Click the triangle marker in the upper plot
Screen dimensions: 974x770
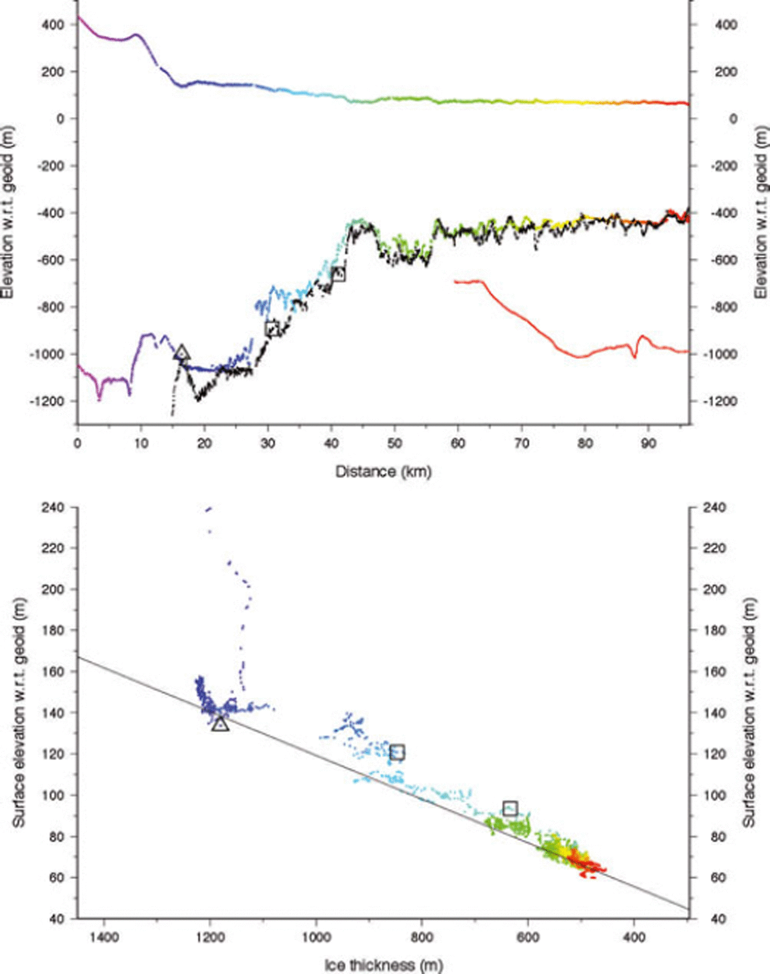point(182,353)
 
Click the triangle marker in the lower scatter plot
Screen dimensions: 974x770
point(220,724)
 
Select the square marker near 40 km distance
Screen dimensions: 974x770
point(338,273)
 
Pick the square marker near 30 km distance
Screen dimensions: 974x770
point(272,328)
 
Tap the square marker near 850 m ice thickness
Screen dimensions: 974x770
point(397,752)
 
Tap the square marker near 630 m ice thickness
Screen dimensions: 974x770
point(510,808)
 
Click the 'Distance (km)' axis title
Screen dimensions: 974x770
point(383,471)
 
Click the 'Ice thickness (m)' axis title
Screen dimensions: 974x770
point(383,965)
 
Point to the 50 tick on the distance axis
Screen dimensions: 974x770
point(394,443)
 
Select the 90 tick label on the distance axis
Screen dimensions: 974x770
point(648,443)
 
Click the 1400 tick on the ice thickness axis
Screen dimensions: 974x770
point(104,937)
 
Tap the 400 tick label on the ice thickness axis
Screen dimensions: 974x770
point(634,937)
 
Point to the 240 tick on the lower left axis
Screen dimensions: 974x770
point(53,507)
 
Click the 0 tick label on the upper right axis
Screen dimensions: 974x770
point(733,119)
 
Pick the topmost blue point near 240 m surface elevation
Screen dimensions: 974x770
point(208,509)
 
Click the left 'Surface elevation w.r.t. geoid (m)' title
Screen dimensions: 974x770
point(19,712)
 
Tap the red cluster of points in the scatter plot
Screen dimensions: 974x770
point(586,865)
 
